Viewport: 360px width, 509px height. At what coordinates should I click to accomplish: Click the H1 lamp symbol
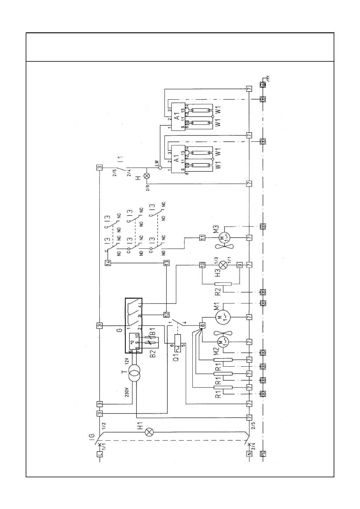149,432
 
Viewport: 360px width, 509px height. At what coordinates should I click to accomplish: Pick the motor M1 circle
223,316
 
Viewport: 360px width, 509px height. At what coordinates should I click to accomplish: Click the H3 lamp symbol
223,265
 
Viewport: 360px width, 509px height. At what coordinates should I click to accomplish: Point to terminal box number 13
166,263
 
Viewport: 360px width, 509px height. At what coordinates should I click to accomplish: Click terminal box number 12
166,314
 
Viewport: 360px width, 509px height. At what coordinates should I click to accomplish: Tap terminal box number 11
202,238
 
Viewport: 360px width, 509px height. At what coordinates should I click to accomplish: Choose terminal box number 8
202,326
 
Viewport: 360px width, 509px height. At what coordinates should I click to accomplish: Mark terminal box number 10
202,265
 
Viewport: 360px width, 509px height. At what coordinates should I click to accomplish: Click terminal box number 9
240,265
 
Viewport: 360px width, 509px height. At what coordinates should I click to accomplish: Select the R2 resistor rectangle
223,284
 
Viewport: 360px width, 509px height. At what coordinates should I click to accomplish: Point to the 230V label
127,392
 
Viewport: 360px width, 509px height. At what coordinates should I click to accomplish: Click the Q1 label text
176,356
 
